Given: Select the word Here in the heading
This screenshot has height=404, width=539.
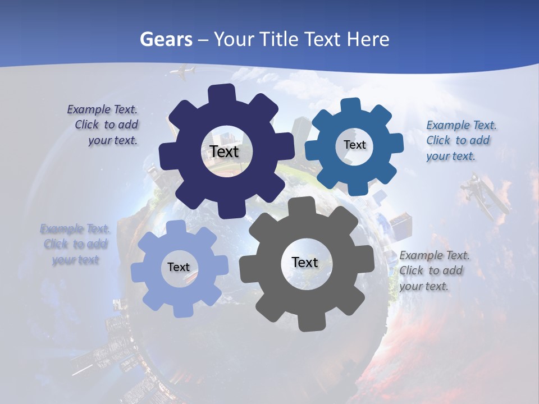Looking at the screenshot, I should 368,39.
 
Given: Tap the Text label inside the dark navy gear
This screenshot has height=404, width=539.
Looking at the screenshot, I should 224,151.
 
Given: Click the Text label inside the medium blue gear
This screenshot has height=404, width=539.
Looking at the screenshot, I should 354,145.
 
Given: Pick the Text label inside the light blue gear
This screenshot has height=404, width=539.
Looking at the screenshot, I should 179,267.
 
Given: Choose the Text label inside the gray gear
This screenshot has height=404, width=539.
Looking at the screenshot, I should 305,262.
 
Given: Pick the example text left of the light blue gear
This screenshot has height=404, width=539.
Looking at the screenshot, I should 75,244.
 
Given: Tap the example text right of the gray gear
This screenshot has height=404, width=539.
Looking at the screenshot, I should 433,270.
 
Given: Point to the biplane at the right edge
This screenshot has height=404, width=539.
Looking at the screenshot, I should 484,196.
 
